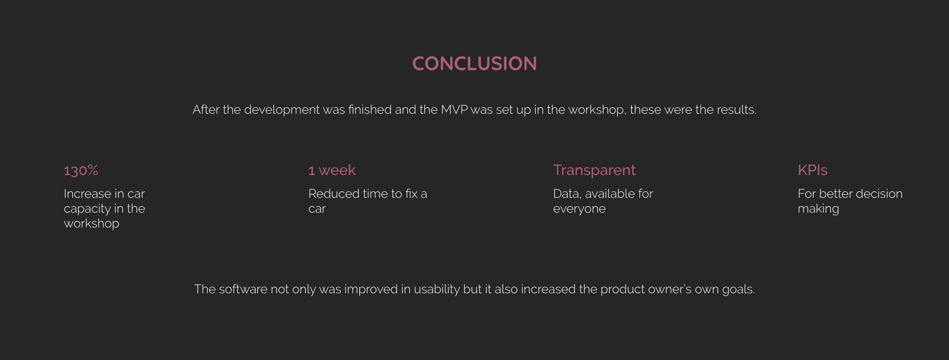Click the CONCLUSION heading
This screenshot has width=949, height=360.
tap(474, 63)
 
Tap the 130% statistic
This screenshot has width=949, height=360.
tap(81, 170)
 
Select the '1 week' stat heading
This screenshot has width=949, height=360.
tap(332, 170)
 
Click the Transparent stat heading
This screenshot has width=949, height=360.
tap(594, 170)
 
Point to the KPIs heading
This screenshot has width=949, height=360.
tap(813, 170)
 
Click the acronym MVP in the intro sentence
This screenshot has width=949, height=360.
tap(454, 110)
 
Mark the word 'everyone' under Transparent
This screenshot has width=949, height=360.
tap(579, 209)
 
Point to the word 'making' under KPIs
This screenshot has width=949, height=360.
tap(819, 209)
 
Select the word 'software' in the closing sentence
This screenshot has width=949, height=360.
tap(243, 289)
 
